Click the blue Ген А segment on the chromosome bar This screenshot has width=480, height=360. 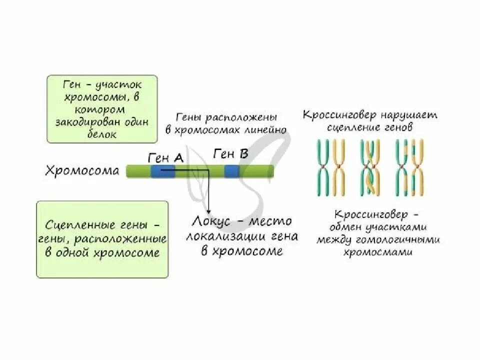(x=162, y=171)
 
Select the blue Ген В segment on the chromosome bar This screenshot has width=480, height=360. (x=231, y=171)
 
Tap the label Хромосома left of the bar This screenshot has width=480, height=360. (x=82, y=171)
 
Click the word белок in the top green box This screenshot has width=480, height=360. (x=104, y=134)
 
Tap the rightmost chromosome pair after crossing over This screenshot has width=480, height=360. (x=408, y=167)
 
